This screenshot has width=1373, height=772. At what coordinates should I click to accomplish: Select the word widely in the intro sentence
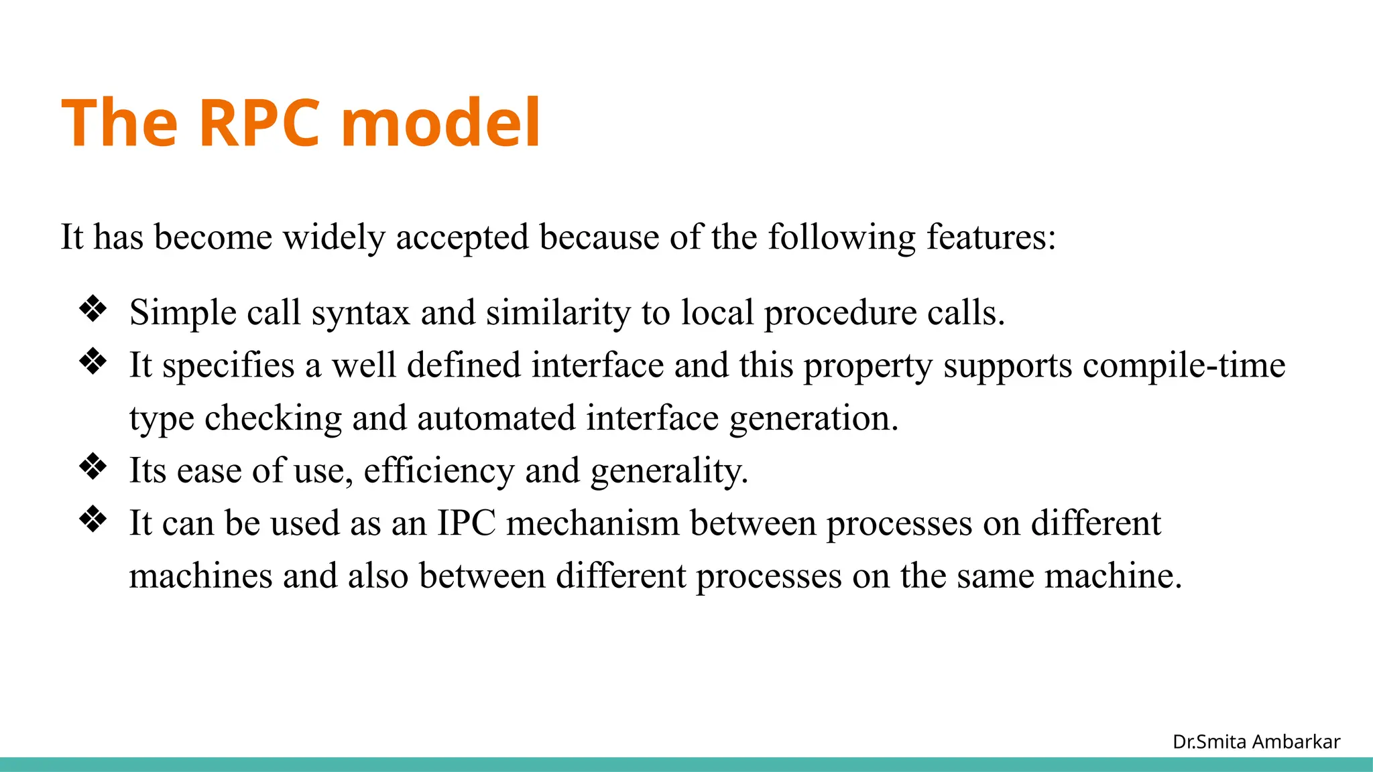[x=334, y=237]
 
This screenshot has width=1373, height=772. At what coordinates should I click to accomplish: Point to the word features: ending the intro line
[x=991, y=237]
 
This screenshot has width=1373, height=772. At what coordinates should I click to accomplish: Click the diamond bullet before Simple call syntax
[x=93, y=310]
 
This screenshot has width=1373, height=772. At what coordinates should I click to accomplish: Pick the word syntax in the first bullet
[x=360, y=314]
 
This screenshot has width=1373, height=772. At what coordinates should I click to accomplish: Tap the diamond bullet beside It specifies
[x=93, y=362]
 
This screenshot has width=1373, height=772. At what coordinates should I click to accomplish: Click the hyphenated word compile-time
[x=1184, y=366]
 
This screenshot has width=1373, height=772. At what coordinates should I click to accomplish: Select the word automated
[x=496, y=418]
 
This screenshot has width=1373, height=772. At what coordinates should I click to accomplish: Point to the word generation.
[x=813, y=418]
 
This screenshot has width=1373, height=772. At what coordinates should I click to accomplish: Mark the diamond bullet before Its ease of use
[x=93, y=467]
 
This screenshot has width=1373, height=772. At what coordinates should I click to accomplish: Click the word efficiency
[x=438, y=470]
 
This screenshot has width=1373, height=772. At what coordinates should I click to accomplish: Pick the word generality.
[x=669, y=470]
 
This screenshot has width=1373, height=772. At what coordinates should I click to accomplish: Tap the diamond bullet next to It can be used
[x=93, y=519]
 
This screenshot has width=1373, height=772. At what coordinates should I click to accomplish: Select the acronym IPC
[x=467, y=523]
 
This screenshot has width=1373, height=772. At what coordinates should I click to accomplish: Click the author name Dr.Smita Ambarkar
[x=1256, y=742]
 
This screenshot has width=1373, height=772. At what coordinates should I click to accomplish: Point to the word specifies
[x=228, y=366]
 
